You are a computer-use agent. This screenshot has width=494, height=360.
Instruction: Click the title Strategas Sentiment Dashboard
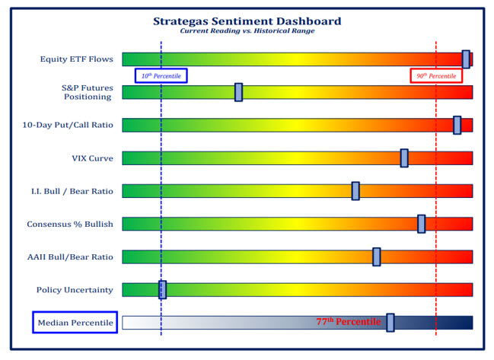(x=247, y=21)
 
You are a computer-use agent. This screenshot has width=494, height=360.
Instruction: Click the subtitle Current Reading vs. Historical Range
(x=247, y=31)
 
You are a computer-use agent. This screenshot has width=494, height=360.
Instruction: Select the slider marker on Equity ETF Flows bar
(x=466, y=59)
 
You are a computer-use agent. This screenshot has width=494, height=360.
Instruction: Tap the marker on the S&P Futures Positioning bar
(x=238, y=92)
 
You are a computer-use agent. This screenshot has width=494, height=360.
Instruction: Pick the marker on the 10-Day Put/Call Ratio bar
(x=457, y=125)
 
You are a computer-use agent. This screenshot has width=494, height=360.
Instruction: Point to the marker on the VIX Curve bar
(x=404, y=158)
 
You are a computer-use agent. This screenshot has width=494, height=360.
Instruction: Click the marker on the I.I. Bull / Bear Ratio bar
(x=355, y=191)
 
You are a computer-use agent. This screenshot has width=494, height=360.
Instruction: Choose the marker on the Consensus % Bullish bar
(x=421, y=224)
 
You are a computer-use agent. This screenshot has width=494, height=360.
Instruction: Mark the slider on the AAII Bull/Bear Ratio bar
(x=376, y=256)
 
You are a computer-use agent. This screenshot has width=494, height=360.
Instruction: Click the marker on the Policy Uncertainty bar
(x=162, y=289)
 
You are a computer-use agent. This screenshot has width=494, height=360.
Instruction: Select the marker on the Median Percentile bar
(x=390, y=323)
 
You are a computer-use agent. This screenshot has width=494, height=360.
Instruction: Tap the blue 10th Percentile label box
(x=161, y=75)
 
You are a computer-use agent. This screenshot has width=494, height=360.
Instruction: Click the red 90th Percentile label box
(x=436, y=75)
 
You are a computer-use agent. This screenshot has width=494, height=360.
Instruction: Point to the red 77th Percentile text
(x=348, y=322)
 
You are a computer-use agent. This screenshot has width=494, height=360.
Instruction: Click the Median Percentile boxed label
(x=75, y=323)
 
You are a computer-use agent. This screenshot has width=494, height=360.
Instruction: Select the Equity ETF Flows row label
(x=77, y=59)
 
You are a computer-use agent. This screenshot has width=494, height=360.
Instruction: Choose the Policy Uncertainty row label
(x=75, y=290)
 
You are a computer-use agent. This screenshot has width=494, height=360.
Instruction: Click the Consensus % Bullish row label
(x=70, y=224)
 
